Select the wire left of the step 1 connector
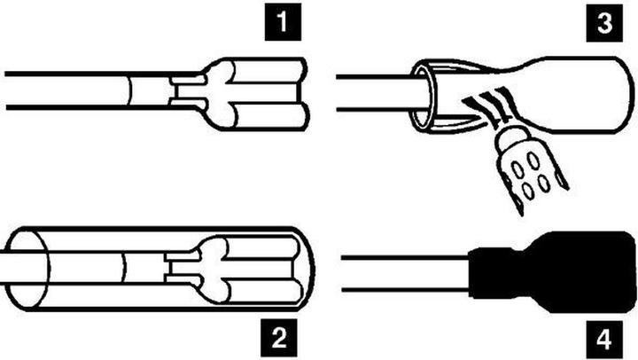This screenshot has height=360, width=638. click(62, 90)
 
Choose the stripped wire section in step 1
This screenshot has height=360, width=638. click(149, 90)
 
